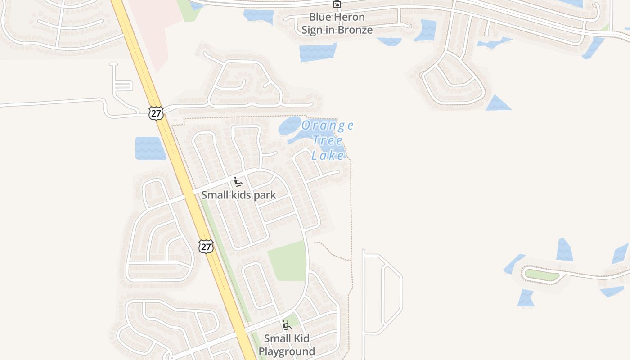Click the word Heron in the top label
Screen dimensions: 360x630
pyautogui.click(x=350, y=18)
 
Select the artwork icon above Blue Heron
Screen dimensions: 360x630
pyautogui.click(x=337, y=4)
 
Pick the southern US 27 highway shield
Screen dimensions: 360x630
pyautogui.click(x=206, y=246)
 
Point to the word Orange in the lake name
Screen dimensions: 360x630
pyautogui.click(x=328, y=126)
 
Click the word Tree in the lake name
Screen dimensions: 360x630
pyautogui.click(x=328, y=140)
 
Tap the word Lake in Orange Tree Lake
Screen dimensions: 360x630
pyautogui.click(x=328, y=156)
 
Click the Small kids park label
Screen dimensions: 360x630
pyautogui.click(x=238, y=195)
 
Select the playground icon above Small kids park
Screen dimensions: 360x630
pyautogui.click(x=238, y=182)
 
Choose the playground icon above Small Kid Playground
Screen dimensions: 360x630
pyautogui.click(x=286, y=325)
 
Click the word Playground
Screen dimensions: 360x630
pyautogui.click(x=287, y=351)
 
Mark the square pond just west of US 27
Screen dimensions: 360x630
pyautogui.click(x=150, y=148)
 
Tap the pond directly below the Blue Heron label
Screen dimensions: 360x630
pyautogui.click(x=318, y=53)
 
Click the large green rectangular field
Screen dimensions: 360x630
pyautogui.click(x=288, y=261)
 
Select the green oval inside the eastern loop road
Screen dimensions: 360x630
pyautogui.click(x=542, y=274)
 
